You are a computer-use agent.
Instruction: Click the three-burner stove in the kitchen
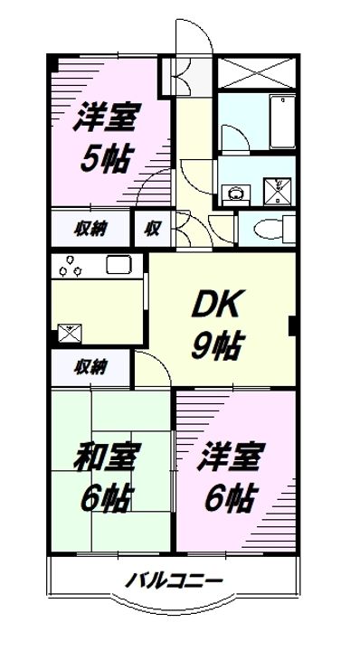coord(70,268)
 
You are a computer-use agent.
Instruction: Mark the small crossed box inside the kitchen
coord(69,332)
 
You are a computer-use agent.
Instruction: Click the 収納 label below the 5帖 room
coord(90,228)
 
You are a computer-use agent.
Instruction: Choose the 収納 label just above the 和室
coord(90,367)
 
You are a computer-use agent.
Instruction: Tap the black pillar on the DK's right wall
coord(292,325)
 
